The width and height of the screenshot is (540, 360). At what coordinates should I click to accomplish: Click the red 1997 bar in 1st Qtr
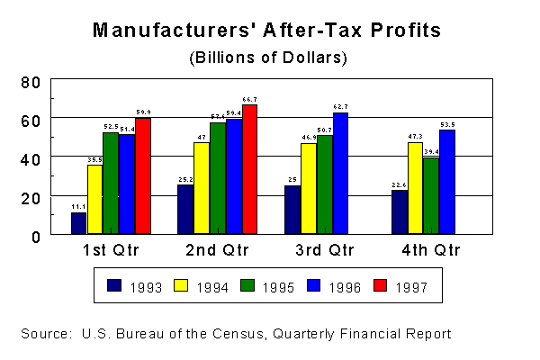(142, 176)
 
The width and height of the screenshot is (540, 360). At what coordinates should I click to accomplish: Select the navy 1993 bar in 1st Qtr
(79, 223)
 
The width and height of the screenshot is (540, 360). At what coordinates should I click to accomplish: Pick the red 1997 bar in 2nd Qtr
(249, 169)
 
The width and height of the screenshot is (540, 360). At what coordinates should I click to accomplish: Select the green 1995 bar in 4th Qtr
(431, 196)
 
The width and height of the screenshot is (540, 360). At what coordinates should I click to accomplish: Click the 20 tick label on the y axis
(31, 196)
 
